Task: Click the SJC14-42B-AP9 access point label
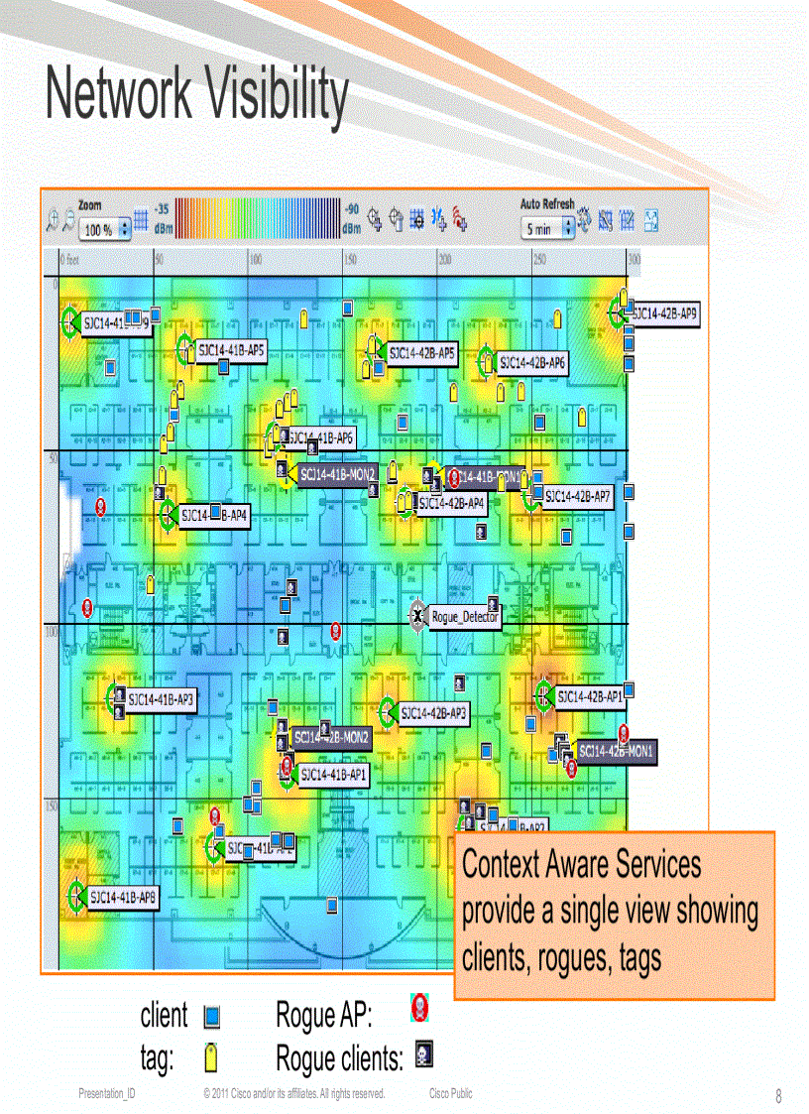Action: tap(666, 314)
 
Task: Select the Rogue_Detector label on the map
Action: tap(464, 617)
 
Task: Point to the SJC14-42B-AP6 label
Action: tap(532, 364)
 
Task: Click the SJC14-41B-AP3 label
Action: tap(162, 699)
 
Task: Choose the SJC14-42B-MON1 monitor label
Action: tap(616, 752)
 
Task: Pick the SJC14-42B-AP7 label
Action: tap(577, 496)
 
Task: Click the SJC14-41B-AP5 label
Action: tap(230, 350)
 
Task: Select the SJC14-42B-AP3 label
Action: tap(434, 712)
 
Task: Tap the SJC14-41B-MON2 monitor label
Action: tap(337, 475)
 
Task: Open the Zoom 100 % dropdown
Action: tap(105, 229)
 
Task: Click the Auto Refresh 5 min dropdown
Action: tap(547, 229)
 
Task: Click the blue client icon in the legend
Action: tap(210, 1017)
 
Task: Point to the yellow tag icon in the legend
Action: tap(210, 1057)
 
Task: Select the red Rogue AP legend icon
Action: tap(419, 1009)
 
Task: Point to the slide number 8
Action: tap(778, 1096)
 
